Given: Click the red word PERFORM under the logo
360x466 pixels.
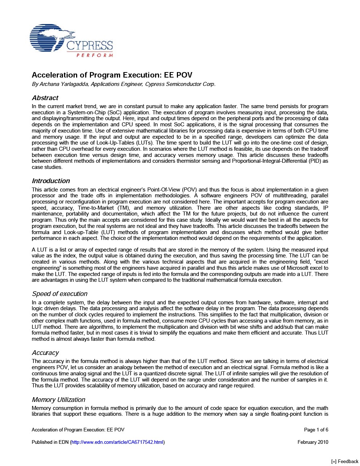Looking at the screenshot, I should click(95, 55).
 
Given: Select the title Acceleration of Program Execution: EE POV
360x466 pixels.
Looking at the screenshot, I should click(112, 75).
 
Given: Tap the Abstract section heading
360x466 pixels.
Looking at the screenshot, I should click(45, 98).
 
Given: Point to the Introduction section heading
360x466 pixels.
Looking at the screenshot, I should click(51, 181).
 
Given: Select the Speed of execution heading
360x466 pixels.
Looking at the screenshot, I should click(60, 294).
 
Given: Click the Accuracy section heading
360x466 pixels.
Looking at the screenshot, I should click(45, 352).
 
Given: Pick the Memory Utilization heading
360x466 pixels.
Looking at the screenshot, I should click(58, 399).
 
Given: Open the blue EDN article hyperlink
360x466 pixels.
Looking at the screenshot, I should click(117, 442).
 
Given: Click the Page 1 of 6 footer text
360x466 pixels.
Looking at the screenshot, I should click(316, 430).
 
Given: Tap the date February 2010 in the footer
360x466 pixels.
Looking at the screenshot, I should click(313, 442).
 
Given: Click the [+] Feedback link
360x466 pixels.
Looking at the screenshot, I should click(344, 461).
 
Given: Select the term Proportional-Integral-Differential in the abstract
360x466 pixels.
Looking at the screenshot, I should click(276, 161).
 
